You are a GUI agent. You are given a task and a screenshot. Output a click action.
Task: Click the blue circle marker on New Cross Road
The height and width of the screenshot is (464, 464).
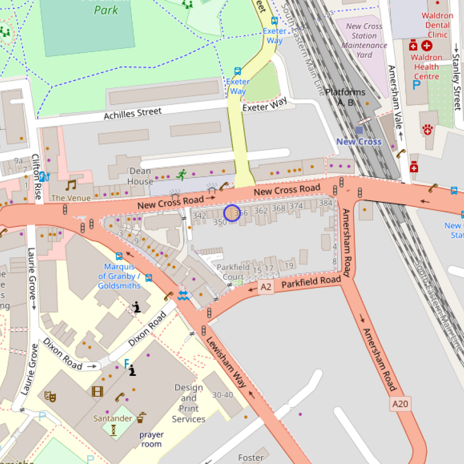tap(232, 213)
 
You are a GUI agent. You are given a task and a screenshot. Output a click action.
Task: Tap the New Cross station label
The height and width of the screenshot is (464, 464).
tap(359, 142)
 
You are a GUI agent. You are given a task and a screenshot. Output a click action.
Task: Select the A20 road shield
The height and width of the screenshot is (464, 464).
tap(400, 404)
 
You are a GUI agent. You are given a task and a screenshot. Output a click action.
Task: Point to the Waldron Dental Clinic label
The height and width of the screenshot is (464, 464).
tap(437, 25)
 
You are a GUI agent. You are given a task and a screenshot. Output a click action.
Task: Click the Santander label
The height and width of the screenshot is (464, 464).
tap(113, 418)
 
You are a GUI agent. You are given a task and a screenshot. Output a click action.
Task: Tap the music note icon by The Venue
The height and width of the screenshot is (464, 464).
tap(70, 185)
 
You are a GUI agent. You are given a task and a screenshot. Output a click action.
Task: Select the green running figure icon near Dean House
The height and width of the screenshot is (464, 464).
tap(180, 175)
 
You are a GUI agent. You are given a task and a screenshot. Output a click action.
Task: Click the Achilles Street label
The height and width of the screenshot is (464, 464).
tap(132, 114)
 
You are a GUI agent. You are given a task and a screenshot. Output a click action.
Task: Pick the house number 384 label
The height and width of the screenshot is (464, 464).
tap(325, 203)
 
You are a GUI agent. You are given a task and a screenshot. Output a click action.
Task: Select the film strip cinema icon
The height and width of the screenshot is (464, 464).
tap(97, 391)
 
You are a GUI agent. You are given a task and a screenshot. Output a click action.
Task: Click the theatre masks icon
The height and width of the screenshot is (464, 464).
tap(51, 396)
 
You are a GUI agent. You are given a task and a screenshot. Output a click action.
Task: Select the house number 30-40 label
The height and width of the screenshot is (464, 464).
tap(223, 395)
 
